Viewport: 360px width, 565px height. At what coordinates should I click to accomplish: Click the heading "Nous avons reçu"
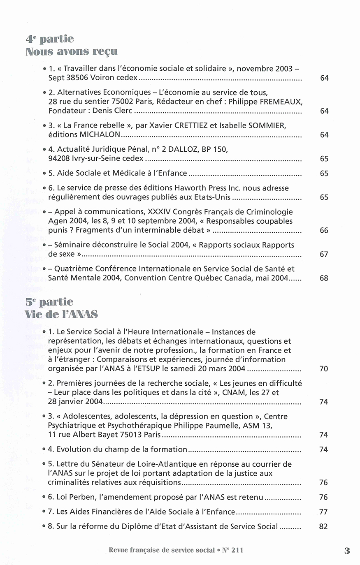click(71, 51)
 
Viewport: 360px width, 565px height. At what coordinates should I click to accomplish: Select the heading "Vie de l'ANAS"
click(61, 315)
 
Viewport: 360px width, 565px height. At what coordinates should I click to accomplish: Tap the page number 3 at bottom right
click(347, 551)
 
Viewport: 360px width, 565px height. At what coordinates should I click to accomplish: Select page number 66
click(324, 230)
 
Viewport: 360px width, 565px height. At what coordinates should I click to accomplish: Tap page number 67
click(324, 254)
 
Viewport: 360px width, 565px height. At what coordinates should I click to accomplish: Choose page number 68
click(324, 278)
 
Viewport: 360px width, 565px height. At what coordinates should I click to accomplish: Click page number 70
click(323, 368)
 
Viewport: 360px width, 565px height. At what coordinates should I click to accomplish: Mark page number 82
click(323, 526)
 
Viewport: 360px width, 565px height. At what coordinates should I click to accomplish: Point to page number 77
click(323, 512)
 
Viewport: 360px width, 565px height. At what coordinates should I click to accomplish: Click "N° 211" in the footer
click(232, 550)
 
